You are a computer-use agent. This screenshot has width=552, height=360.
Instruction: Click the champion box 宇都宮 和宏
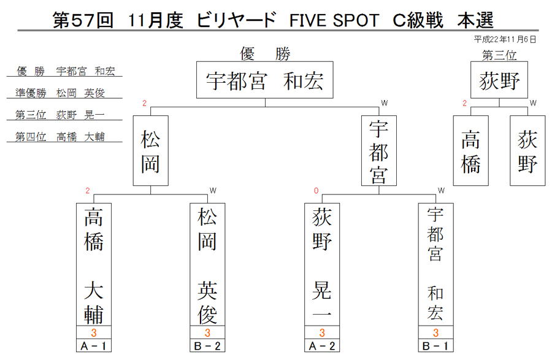265,80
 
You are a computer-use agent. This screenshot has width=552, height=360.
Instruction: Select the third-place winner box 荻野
499,80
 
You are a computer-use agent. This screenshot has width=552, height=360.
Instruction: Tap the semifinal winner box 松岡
151,151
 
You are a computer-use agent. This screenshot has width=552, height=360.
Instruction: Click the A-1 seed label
94,345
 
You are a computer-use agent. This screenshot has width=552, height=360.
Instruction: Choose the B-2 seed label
207,345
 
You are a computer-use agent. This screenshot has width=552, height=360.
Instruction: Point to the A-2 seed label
322,345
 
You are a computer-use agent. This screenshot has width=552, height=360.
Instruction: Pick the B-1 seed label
436,345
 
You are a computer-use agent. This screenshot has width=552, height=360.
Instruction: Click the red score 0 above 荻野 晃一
316,191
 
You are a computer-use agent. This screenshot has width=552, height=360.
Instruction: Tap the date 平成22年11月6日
505,39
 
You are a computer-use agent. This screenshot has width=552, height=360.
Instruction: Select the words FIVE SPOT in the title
334,20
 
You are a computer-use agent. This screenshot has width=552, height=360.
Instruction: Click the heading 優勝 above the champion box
265,54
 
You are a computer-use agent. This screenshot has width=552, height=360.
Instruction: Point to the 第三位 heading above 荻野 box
499,55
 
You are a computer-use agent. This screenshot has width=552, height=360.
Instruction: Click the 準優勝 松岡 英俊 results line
60,93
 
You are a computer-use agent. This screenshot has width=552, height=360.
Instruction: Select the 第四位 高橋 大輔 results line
60,137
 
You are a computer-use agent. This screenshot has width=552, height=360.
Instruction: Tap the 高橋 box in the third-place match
470,151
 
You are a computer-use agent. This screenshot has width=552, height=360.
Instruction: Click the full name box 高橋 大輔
94,264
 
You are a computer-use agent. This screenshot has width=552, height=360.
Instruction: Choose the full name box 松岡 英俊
207,264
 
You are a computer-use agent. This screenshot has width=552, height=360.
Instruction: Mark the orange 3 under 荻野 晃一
322,332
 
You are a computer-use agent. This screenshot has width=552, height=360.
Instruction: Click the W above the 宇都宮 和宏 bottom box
441,191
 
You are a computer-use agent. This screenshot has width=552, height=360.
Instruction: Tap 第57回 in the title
83,20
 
